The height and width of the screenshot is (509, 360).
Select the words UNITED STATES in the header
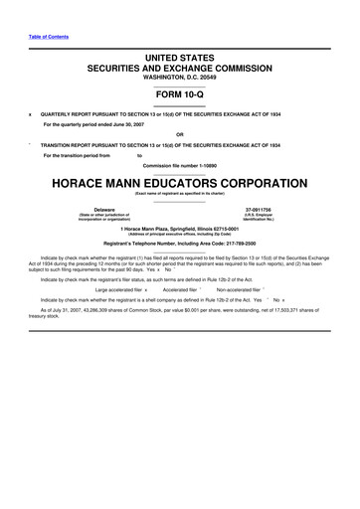point(179,60)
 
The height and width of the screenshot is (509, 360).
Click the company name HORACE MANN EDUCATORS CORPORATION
point(179,186)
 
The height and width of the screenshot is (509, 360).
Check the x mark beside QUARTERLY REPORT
point(30,113)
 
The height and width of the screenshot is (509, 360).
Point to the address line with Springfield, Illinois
point(179,229)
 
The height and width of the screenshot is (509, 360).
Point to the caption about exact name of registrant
point(179,196)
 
